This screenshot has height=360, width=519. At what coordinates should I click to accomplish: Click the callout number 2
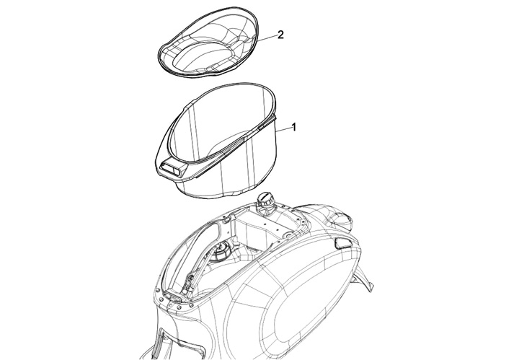click(280, 35)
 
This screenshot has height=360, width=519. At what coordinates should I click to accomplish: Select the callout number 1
click(293, 127)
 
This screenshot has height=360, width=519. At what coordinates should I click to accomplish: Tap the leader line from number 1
click(283, 129)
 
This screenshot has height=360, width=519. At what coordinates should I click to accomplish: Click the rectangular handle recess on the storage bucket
click(172, 169)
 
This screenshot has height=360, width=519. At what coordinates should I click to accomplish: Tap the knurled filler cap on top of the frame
click(265, 200)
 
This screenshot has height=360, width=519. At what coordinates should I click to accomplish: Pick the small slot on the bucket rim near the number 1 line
click(266, 125)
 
